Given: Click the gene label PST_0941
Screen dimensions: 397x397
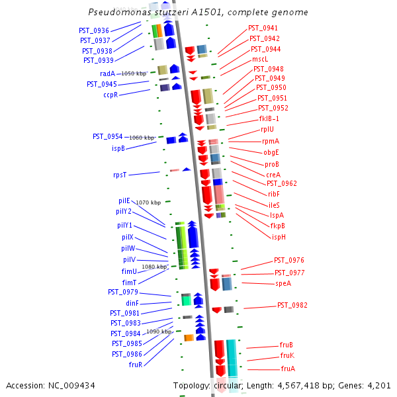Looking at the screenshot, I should point(263,28).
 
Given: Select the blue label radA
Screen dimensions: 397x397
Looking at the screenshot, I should point(107,73).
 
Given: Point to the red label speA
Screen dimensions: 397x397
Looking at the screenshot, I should point(283,283).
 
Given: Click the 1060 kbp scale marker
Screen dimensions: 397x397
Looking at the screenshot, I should point(140,138).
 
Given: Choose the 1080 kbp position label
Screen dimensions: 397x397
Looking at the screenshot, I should point(154,267).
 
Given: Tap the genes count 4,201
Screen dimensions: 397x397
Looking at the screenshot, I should point(379,385).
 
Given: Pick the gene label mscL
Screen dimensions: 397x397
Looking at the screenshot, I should point(260,59).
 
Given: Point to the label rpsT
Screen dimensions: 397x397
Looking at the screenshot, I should point(120,175).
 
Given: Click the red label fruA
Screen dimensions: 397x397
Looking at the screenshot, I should point(288,369).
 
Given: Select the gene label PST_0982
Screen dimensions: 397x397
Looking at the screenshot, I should point(292,305).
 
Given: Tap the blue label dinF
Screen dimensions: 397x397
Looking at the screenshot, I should point(132,303).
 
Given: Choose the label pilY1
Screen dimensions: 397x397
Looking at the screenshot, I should point(124,225).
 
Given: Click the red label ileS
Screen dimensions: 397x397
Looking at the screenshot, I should point(274,205).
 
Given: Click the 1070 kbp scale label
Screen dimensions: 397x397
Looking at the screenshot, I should point(148,202).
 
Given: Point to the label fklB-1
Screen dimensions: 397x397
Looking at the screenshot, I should point(269,118).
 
